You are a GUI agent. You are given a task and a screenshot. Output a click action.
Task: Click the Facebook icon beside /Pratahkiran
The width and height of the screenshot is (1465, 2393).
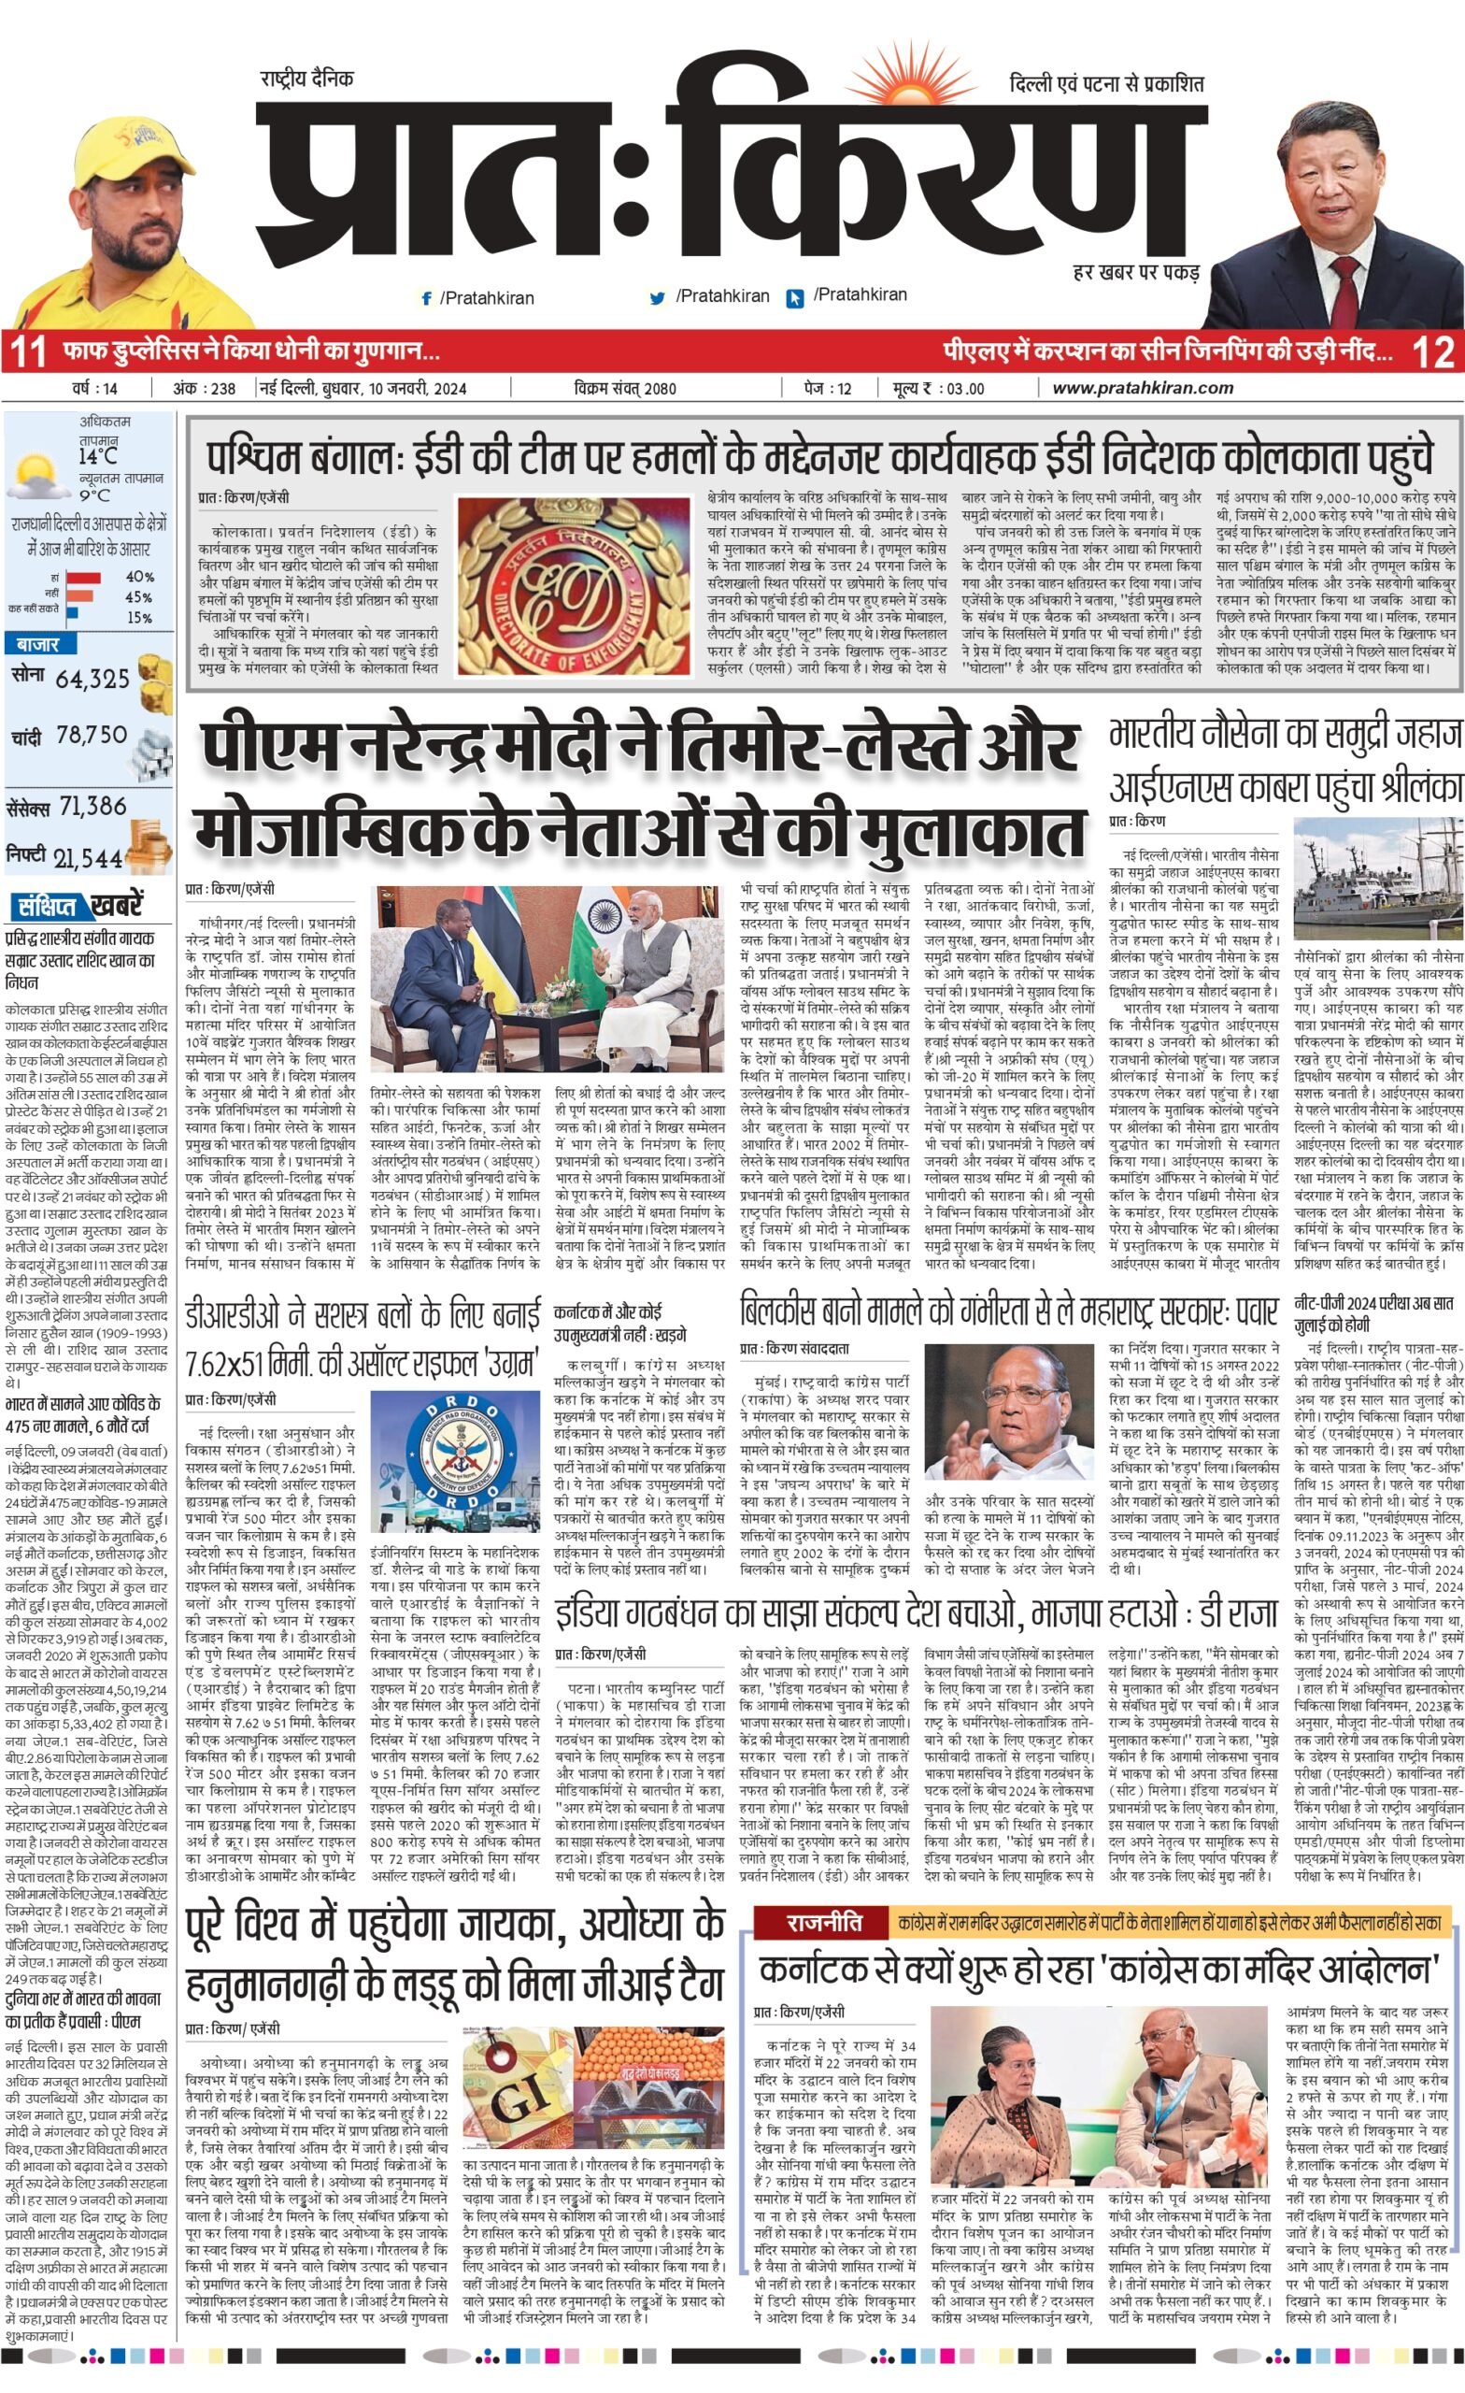[426, 299]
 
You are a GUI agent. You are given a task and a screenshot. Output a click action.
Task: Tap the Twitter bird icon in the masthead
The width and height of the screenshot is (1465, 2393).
[657, 298]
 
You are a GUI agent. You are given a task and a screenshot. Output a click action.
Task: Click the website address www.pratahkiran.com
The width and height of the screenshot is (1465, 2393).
[1142, 389]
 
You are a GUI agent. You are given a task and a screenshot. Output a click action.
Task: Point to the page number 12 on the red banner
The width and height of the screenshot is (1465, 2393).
[1433, 351]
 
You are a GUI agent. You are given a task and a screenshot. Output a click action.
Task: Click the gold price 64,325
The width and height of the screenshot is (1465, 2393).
[92, 679]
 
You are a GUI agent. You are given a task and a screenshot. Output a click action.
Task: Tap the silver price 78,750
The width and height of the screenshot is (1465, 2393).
[92, 735]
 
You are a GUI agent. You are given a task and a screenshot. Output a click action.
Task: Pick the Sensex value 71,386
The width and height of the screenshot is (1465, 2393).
[93, 806]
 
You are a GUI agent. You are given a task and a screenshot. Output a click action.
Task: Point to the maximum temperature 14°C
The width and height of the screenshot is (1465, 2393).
[99, 455]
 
